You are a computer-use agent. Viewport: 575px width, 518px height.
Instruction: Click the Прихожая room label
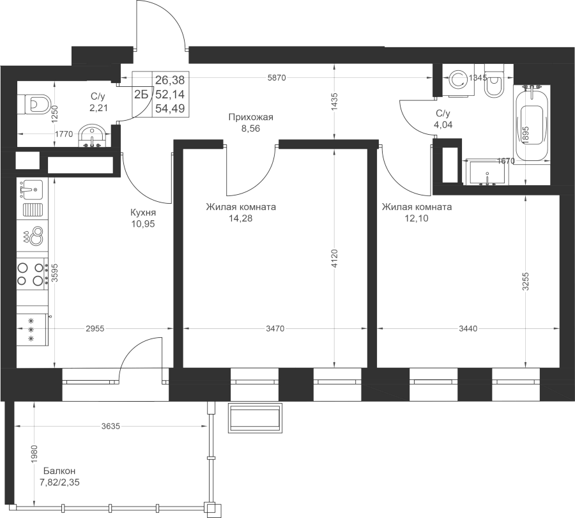[251, 118]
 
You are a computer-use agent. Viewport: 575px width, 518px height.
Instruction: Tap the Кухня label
[143, 212]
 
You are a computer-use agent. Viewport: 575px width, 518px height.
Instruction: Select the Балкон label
[59, 471]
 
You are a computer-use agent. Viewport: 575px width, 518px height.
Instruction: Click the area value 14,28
[240, 218]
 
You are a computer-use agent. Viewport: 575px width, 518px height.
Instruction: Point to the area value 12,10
[416, 218]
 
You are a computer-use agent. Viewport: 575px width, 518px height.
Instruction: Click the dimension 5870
[277, 78]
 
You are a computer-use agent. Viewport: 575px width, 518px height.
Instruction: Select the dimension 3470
[275, 329]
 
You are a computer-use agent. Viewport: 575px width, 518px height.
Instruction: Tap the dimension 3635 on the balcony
[111, 427]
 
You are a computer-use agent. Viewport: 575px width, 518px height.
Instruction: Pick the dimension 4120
[334, 259]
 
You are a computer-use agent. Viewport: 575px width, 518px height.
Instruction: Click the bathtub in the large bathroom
[532, 125]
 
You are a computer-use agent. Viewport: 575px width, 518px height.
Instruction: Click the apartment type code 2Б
[141, 95]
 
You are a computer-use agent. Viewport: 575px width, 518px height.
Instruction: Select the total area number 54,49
[170, 109]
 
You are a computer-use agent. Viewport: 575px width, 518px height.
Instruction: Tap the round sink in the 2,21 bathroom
[92, 135]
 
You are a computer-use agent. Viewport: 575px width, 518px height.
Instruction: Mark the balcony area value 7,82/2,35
[59, 482]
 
